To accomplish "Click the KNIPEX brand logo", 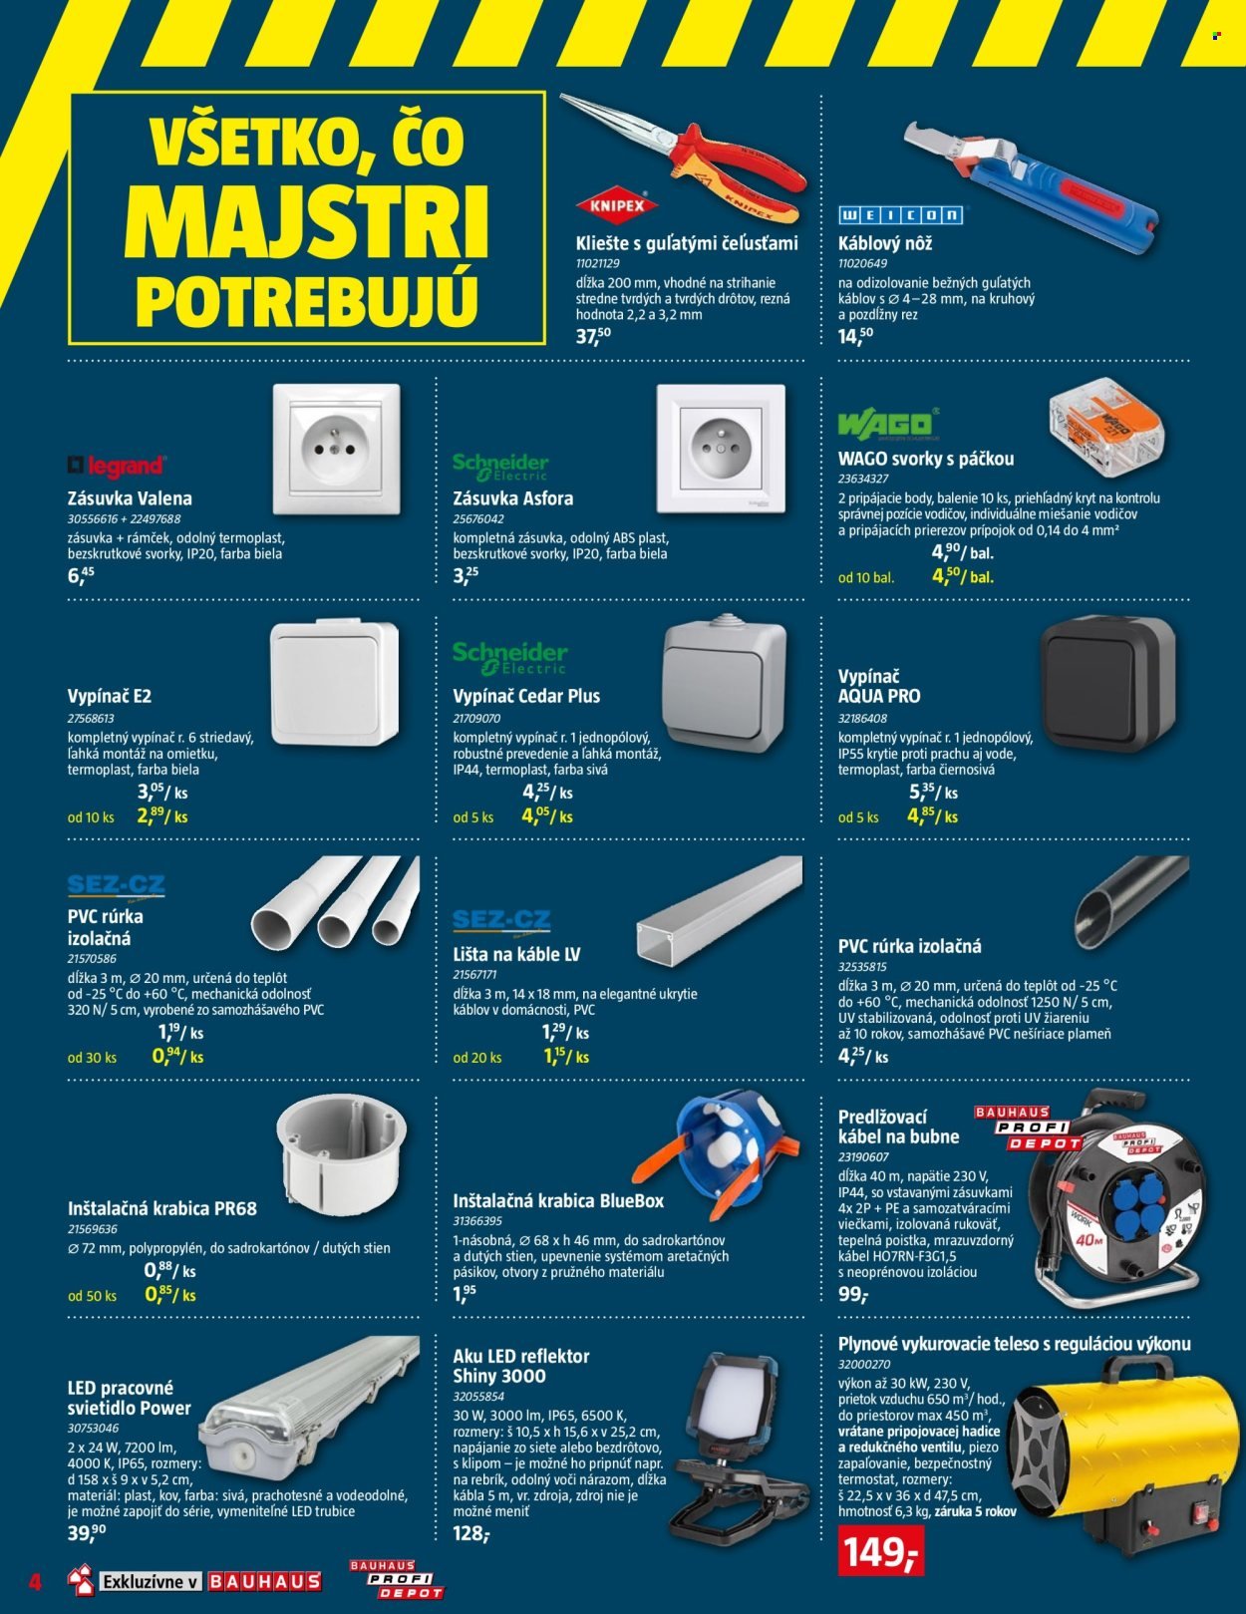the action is coord(617,205).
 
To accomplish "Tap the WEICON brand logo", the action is coord(900,215).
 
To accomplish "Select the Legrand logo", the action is coord(116,466).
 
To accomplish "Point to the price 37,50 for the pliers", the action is coord(593,336).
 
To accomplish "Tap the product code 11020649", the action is coord(862,263).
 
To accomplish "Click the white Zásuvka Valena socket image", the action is coord(336,450).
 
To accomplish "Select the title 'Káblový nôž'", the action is coord(885,243).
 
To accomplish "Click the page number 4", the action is coord(34,1580).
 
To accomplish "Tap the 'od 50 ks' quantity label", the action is coord(92,1296).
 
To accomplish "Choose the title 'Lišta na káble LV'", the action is coord(516,954).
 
